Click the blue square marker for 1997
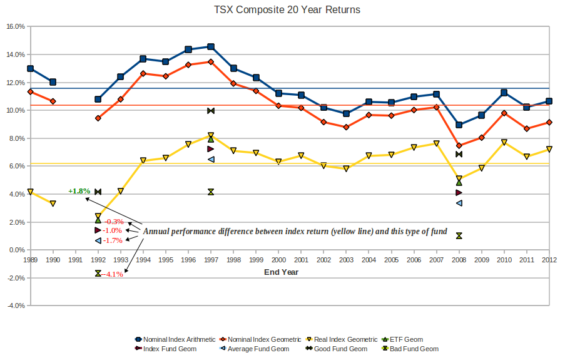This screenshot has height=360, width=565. click(211, 47)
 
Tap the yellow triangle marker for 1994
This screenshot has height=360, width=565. click(143, 161)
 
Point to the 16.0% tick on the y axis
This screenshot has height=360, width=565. click(15, 27)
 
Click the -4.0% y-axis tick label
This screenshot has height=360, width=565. click(15, 306)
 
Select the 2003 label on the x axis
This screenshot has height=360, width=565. click(346, 259)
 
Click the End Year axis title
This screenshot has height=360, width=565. click(281, 272)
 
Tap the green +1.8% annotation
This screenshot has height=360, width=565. click(79, 191)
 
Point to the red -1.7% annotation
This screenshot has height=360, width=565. click(113, 240)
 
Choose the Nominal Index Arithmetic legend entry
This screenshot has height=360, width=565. click(175, 339)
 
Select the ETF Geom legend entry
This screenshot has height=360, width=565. click(404, 339)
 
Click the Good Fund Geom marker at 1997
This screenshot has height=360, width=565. click(211, 111)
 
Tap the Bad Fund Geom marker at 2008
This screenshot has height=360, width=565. click(459, 235)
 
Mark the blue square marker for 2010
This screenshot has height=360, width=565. click(504, 93)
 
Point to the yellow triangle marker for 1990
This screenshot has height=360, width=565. click(53, 203)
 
